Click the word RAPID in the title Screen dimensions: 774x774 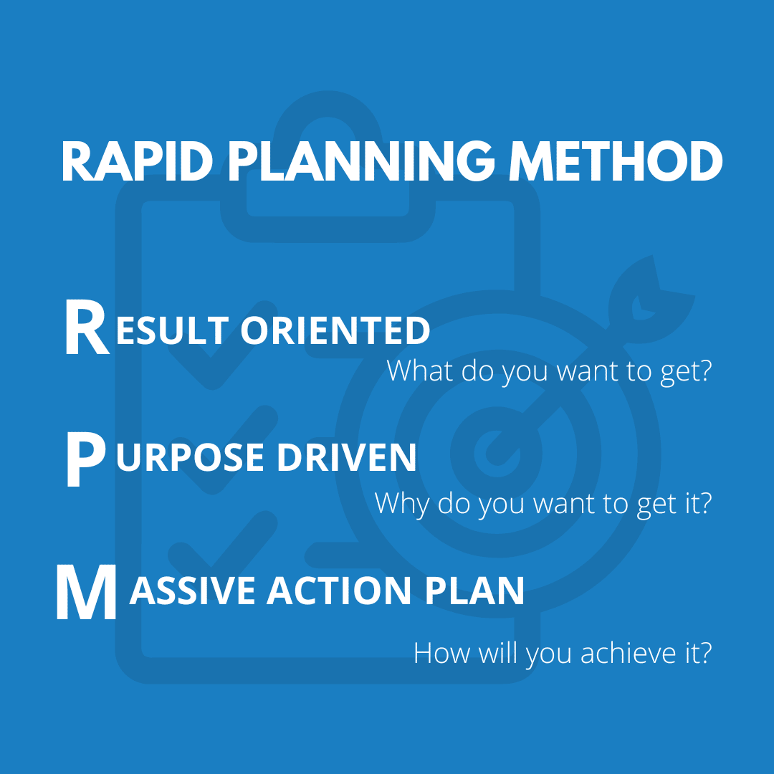click(137, 162)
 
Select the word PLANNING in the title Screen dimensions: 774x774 click(360, 162)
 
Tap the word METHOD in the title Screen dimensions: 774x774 click(616, 162)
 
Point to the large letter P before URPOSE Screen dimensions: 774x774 click(86, 459)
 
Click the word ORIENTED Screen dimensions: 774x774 click(335, 330)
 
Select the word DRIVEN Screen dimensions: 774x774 click(347, 457)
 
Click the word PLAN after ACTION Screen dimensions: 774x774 click(474, 590)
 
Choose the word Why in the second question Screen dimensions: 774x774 click(401, 505)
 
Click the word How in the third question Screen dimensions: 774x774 click(441, 653)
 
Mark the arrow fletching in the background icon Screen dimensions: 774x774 click(651, 301)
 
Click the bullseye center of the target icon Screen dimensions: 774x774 click(497, 453)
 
